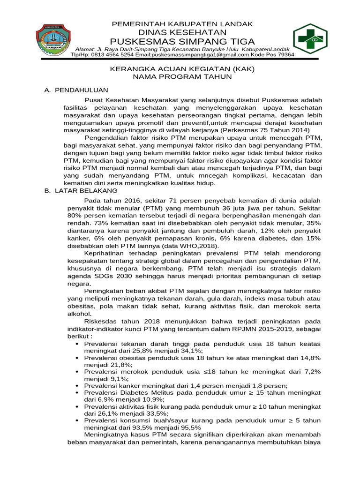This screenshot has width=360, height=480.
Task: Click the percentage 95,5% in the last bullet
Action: (x=189, y=427)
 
